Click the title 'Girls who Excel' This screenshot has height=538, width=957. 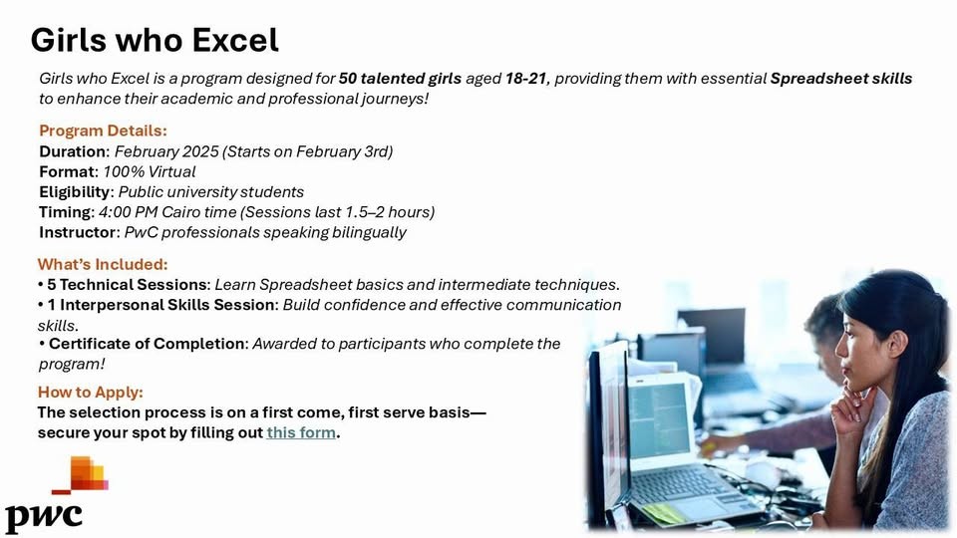[x=155, y=40]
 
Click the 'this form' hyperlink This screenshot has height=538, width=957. [x=301, y=432]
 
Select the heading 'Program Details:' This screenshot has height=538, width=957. [x=103, y=131]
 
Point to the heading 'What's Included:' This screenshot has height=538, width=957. [x=103, y=264]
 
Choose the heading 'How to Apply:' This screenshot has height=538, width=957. [x=91, y=392]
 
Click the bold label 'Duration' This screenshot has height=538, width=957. [x=73, y=151]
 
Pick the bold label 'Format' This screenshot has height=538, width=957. [x=68, y=171]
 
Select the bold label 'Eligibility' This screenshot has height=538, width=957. [x=75, y=192]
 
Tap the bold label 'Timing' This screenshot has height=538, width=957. [x=66, y=212]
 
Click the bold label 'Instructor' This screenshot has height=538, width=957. [x=78, y=232]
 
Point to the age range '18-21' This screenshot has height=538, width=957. [x=526, y=79]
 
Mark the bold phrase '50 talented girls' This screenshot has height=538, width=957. [x=400, y=79]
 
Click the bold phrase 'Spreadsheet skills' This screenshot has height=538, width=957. [x=841, y=79]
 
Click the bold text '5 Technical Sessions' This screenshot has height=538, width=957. [x=127, y=285]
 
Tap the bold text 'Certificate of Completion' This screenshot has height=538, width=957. [x=147, y=344]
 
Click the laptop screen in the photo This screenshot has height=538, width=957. [x=659, y=420]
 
